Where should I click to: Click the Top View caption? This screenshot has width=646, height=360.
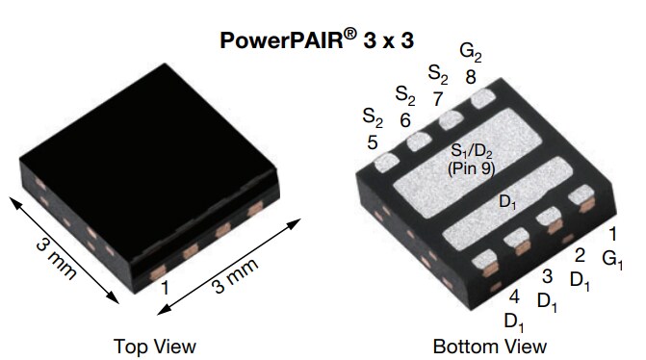[x=154, y=346]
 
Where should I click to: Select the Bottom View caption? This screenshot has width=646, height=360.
[x=489, y=346]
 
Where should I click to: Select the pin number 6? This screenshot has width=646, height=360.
[x=405, y=119]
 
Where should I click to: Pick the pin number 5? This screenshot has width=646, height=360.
[x=373, y=141]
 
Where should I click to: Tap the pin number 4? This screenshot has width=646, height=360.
[x=514, y=296]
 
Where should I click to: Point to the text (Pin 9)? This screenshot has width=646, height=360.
[x=471, y=168]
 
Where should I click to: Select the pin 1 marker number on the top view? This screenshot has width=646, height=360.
[x=166, y=286]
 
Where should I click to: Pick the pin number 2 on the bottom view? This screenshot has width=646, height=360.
[x=580, y=255]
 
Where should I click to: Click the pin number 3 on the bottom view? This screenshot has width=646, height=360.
[x=547, y=277]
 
